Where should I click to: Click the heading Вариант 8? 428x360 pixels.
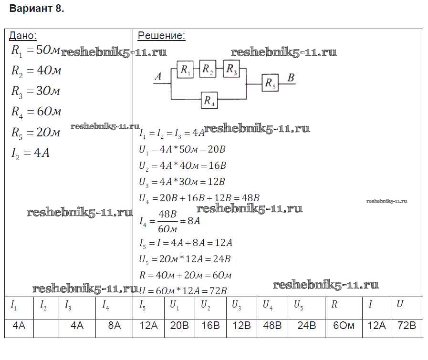click(37, 9)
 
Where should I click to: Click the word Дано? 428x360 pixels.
click(23, 36)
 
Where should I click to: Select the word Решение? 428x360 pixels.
click(161, 36)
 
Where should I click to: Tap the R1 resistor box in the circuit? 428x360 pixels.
click(185, 70)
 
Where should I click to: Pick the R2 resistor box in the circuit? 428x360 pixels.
click(208, 69)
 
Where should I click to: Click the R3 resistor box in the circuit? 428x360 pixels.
click(231, 69)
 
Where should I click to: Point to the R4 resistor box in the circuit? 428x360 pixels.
click(209, 100)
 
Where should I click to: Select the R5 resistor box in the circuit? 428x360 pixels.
click(270, 82)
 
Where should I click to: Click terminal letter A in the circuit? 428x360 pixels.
click(158, 77)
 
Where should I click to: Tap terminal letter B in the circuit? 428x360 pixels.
click(291, 78)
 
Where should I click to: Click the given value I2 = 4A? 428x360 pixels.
click(30, 153)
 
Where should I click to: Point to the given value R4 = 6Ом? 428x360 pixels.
click(36, 112)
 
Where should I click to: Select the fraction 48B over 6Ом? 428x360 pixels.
click(167, 221)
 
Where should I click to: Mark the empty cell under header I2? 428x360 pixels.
click(46, 329)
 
